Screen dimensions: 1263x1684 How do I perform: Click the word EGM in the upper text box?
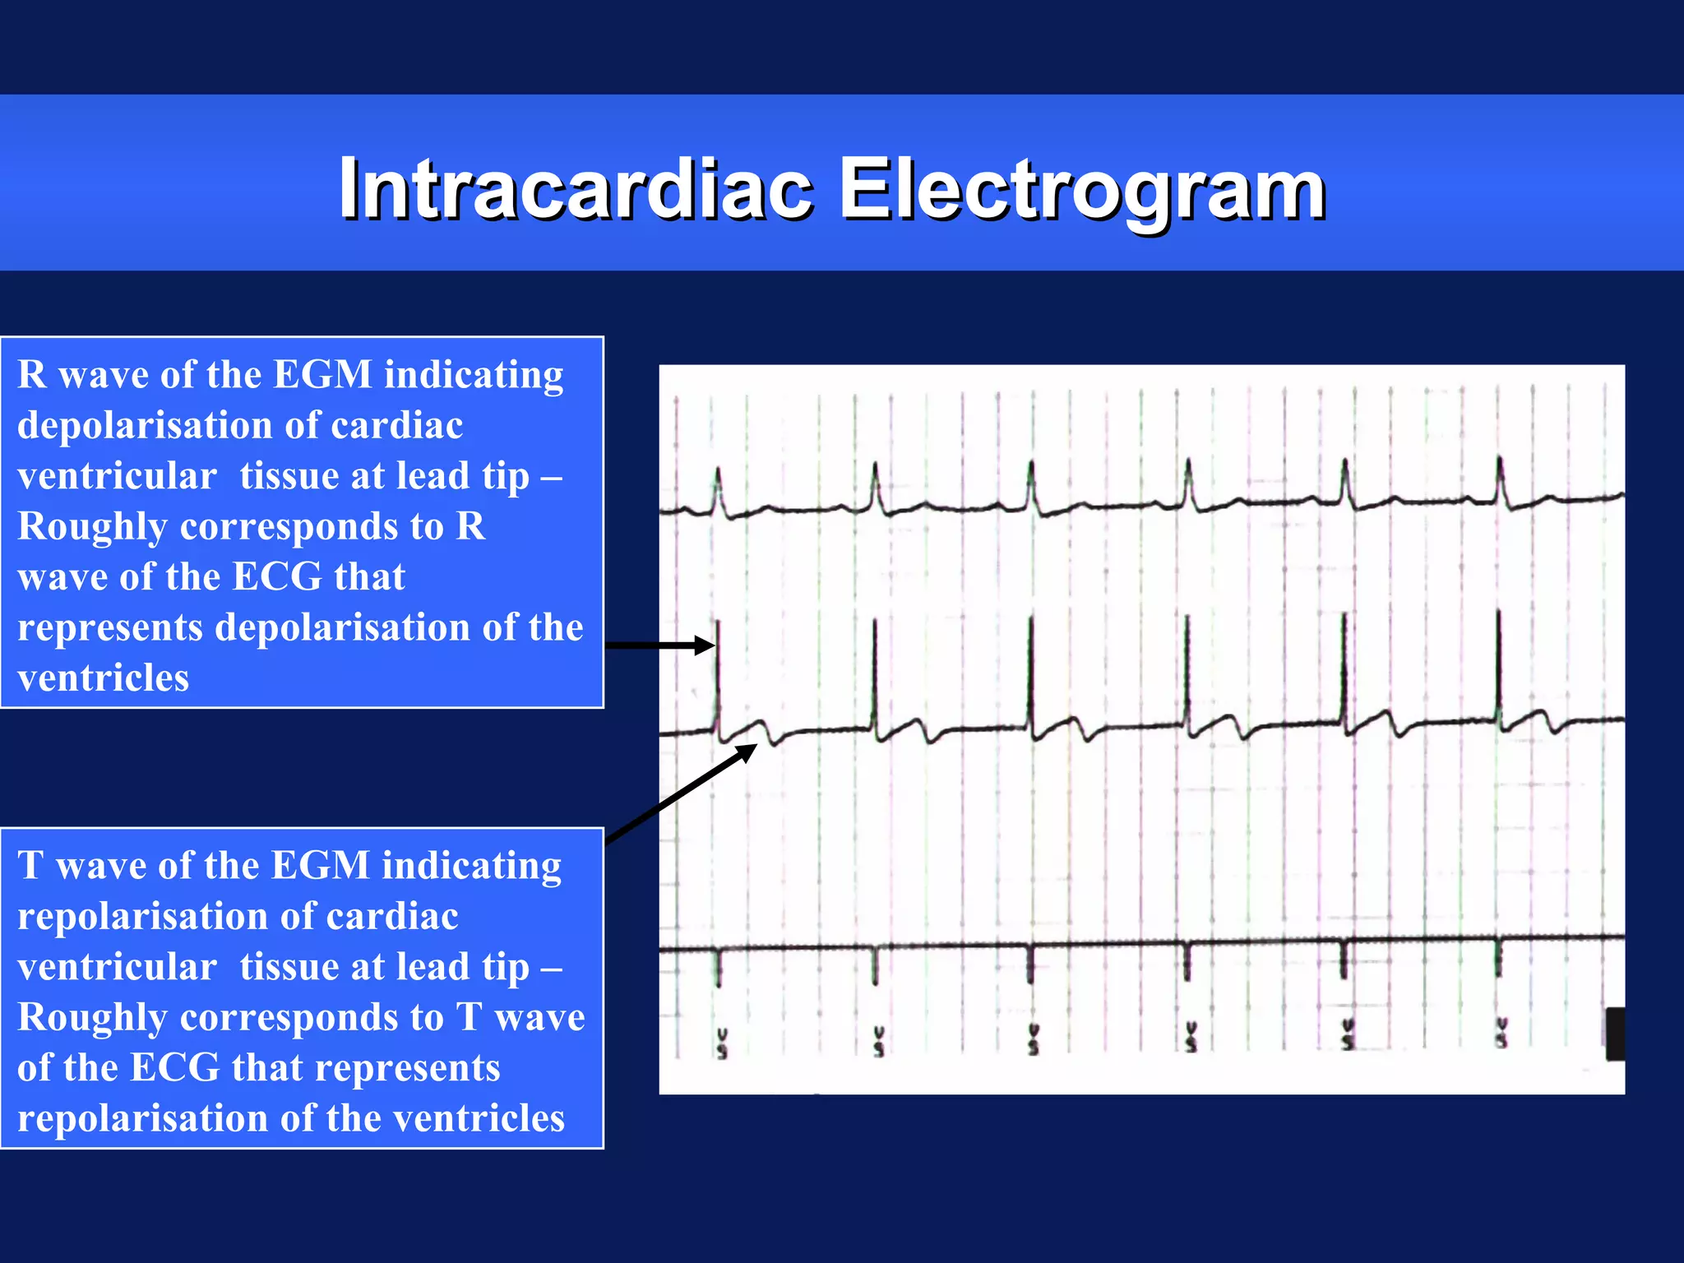(322, 375)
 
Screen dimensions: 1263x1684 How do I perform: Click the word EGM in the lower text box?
(321, 866)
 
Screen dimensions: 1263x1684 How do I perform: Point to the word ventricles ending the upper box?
(103, 678)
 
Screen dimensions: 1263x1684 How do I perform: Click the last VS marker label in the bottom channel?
(1501, 1034)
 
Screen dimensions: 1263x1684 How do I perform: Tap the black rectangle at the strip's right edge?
(1615, 1034)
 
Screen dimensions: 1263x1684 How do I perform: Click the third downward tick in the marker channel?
(1030, 965)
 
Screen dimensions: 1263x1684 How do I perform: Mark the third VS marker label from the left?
(1034, 1039)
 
